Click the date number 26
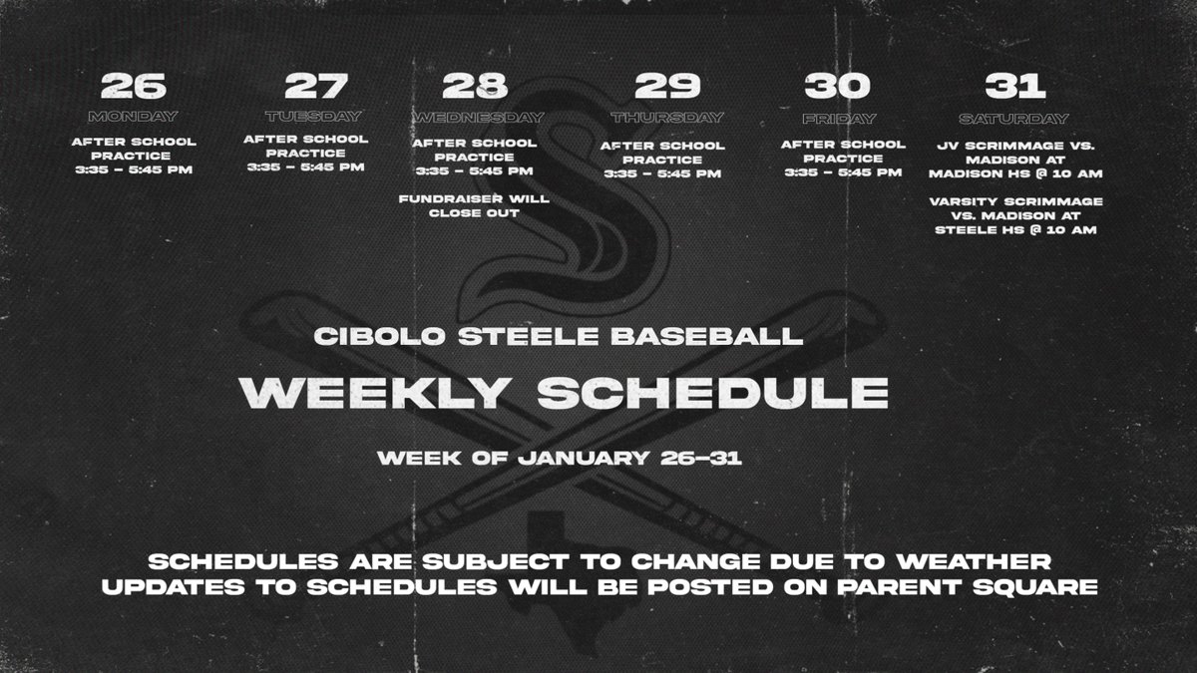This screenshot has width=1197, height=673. pyautogui.click(x=133, y=87)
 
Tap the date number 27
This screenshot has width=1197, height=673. pyautogui.click(x=308, y=87)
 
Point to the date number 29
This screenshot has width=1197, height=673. pyautogui.click(x=665, y=87)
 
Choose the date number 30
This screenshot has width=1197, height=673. pyautogui.click(x=841, y=87)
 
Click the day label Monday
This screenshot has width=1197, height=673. pyautogui.click(x=133, y=117)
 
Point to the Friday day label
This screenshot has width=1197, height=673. pyautogui.click(x=841, y=117)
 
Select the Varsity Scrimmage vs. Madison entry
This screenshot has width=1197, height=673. pyautogui.click(x=1014, y=215)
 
